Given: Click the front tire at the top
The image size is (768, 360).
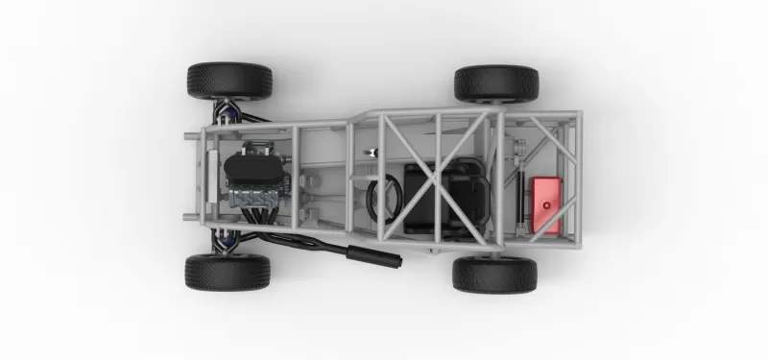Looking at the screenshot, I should click(x=229, y=81).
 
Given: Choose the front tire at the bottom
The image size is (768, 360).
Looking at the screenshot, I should click(x=228, y=272).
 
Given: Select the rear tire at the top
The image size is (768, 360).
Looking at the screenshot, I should click(x=496, y=84).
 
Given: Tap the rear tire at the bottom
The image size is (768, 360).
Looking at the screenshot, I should click(x=494, y=274).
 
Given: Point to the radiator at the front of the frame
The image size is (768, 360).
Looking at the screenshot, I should click(x=210, y=178).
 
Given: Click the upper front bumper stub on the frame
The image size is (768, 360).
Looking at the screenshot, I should click(x=191, y=136).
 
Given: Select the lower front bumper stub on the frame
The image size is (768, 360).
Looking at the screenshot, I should click(x=190, y=217).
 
